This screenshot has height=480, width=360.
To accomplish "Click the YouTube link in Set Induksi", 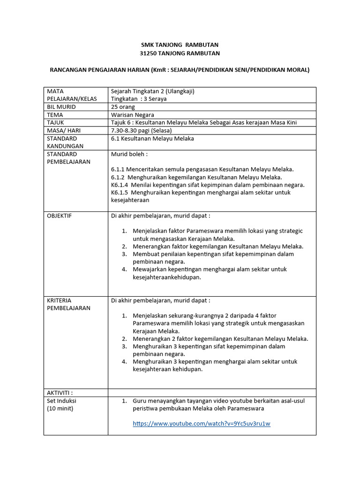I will tap(202, 424).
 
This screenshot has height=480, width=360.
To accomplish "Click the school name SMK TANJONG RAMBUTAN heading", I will tap(180, 45).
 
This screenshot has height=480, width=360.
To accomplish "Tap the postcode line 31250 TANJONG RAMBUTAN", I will tap(180, 53).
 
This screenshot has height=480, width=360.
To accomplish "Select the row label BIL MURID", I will tap(61, 107).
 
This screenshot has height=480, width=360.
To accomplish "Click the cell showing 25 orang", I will tap(123, 107).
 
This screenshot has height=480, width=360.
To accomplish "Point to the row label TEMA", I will tap(55, 115).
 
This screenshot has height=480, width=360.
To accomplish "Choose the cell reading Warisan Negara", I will tap(133, 115).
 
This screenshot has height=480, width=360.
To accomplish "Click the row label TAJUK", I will tap(56, 122).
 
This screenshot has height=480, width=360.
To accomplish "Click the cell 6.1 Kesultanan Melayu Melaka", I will tap(152, 139).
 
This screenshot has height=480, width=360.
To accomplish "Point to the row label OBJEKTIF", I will tap(60, 216).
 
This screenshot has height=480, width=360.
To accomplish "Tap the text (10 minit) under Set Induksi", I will tap(60, 408).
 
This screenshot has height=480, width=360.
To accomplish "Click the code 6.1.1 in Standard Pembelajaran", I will tap(119, 169).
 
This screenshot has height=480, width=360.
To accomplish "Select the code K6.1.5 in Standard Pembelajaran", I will tap(120, 192).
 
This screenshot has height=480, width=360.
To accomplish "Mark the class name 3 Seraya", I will tap(154, 99).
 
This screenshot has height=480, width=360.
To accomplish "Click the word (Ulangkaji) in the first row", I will tap(177, 91).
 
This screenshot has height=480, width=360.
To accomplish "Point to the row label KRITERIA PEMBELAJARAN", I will tap(68, 304).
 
